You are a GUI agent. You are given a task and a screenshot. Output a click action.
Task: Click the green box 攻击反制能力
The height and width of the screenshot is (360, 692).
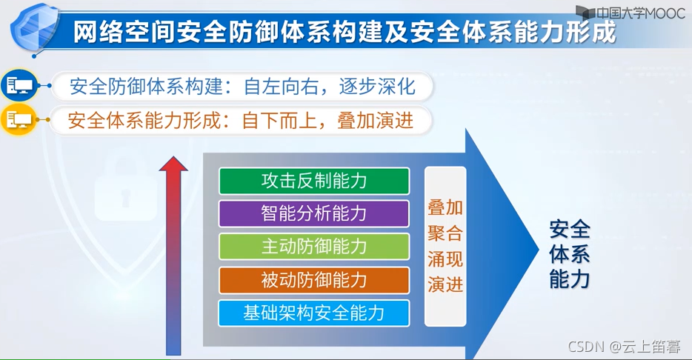[x=314, y=181]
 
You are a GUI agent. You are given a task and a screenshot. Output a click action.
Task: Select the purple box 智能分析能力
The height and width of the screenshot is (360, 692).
[x=314, y=213]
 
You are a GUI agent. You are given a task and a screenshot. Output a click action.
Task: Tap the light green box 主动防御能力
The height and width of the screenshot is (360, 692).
[x=314, y=247]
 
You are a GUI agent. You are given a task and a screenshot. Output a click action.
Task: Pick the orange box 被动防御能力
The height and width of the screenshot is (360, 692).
[x=314, y=280]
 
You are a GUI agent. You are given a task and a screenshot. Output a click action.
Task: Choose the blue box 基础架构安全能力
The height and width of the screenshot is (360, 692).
[x=314, y=313]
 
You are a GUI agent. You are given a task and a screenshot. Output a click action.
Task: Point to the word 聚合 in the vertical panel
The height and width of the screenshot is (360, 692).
[x=445, y=233]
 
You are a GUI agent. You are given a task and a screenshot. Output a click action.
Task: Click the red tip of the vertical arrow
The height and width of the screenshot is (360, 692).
[x=173, y=164]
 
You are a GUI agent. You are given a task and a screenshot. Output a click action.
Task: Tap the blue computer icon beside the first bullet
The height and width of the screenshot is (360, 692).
[x=19, y=87]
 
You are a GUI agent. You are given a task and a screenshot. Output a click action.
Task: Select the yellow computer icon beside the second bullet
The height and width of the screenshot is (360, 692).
[x=19, y=120]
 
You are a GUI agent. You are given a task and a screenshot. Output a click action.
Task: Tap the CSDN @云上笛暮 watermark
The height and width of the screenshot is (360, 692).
[x=624, y=346]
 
